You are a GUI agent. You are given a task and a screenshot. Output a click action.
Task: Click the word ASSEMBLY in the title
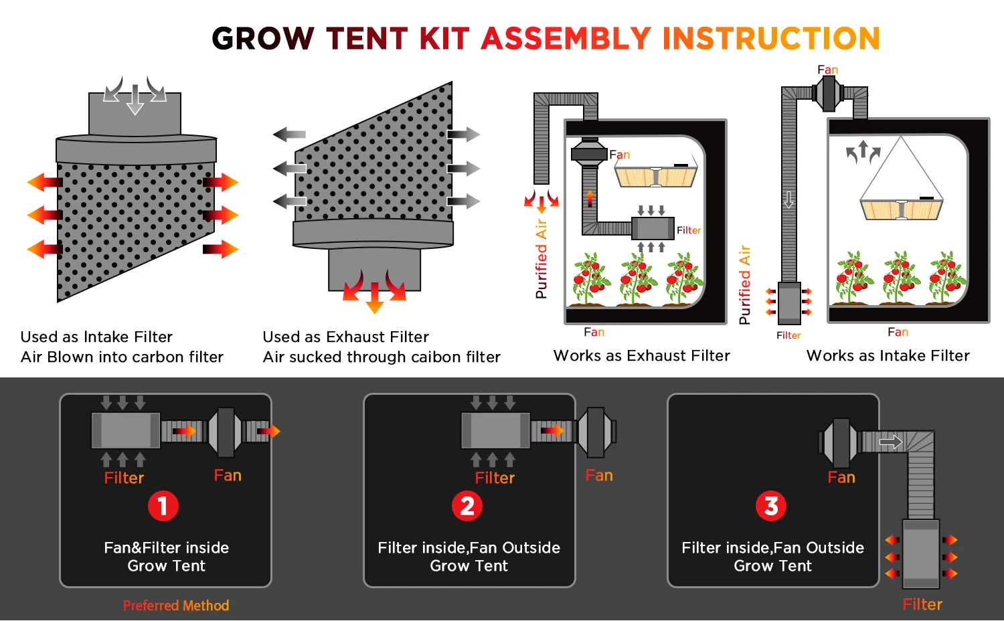tap(566, 39)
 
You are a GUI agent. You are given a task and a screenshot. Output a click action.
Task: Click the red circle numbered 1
tap(163, 506)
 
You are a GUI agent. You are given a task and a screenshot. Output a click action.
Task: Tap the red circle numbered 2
tap(467, 506)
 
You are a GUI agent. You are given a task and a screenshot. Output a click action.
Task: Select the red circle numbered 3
tap(771, 506)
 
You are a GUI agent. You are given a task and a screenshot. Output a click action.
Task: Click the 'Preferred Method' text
tap(176, 606)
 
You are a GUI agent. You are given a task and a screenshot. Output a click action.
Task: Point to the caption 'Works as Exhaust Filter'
tap(641, 355)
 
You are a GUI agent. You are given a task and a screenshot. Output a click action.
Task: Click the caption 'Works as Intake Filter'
tap(888, 355)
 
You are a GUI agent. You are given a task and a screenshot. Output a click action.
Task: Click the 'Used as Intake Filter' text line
tap(96, 337)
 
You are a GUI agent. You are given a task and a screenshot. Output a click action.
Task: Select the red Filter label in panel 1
tap(124, 478)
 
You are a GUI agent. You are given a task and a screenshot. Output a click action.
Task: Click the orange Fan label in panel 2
tap(599, 475)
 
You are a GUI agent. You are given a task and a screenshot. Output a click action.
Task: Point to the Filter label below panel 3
tap(922, 604)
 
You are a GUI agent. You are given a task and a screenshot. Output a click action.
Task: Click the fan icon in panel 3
tap(840, 442)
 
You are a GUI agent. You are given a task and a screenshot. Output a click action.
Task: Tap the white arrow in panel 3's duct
tap(891, 442)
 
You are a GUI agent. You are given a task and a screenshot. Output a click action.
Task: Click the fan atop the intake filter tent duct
tap(828, 93)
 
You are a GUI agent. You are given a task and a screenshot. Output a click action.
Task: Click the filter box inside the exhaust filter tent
tap(653, 228)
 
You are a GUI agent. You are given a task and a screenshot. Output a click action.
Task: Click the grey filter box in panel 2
tap(495, 430)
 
